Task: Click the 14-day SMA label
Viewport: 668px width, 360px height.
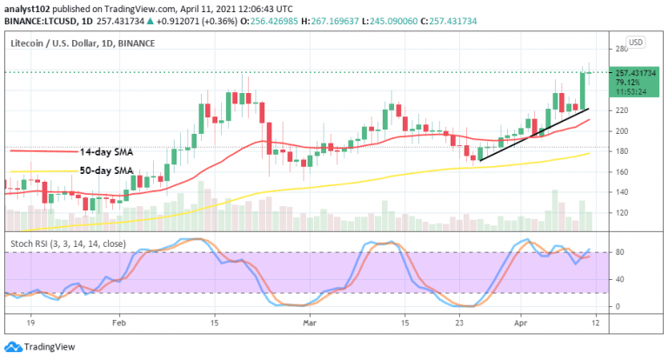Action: (106, 151)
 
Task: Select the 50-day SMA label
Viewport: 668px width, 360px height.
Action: (106, 171)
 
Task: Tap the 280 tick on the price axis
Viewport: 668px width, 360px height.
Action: (623, 50)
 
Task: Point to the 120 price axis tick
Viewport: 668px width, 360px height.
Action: (623, 212)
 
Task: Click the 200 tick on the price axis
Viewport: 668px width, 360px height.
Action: (623, 131)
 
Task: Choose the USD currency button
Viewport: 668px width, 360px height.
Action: (635, 42)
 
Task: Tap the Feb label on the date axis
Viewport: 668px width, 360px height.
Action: (120, 321)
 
